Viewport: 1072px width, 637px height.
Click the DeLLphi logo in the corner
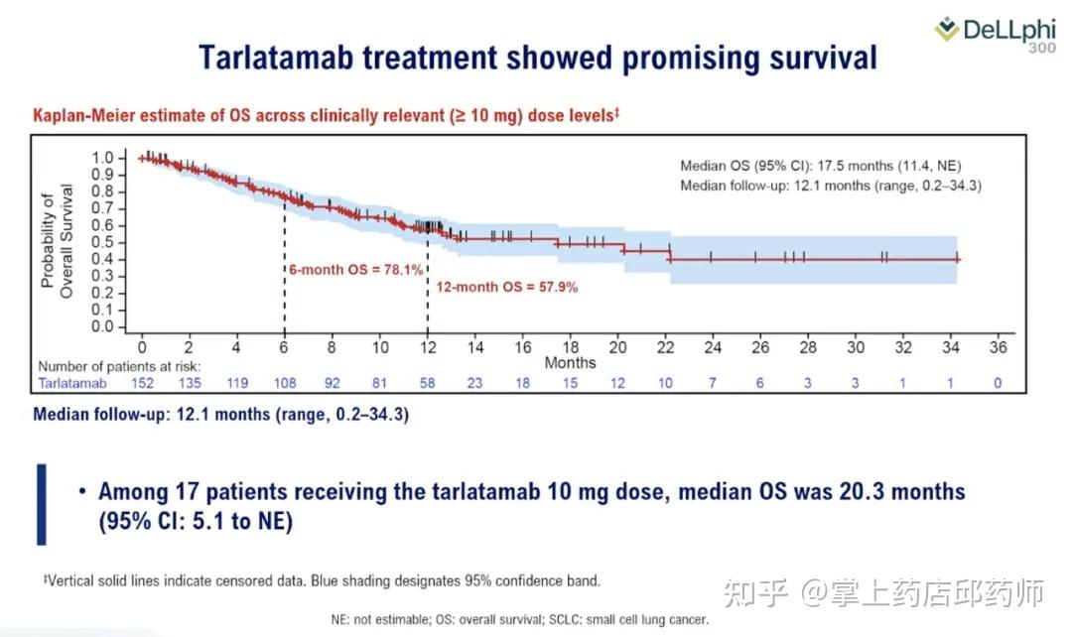(999, 33)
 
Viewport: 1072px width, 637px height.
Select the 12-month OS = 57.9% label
(507, 287)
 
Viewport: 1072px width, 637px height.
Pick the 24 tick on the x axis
(713, 348)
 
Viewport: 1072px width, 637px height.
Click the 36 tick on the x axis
(999, 348)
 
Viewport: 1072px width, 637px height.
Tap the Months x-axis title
(570, 363)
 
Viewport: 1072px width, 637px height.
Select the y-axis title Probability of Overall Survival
(58, 236)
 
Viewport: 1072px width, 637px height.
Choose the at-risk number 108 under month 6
(284, 383)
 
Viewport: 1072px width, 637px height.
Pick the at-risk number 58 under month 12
(427, 383)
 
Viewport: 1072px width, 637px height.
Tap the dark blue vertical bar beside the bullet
(41, 504)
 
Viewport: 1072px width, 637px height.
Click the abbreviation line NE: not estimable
(520, 620)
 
